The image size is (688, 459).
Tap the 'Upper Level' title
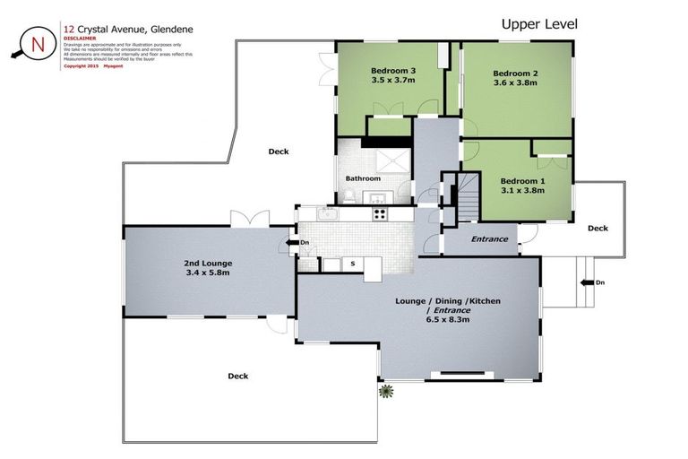tap(538, 24)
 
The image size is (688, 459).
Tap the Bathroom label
tap(363, 178)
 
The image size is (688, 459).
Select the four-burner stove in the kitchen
tap(379, 214)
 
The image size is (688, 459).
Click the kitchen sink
tap(328, 214)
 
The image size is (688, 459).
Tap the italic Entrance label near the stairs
tap(489, 239)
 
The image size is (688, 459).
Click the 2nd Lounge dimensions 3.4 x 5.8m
tap(209, 272)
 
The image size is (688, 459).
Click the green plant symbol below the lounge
tap(386, 391)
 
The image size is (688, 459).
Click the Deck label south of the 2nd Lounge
tap(237, 376)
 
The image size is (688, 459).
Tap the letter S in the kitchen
tap(353, 264)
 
